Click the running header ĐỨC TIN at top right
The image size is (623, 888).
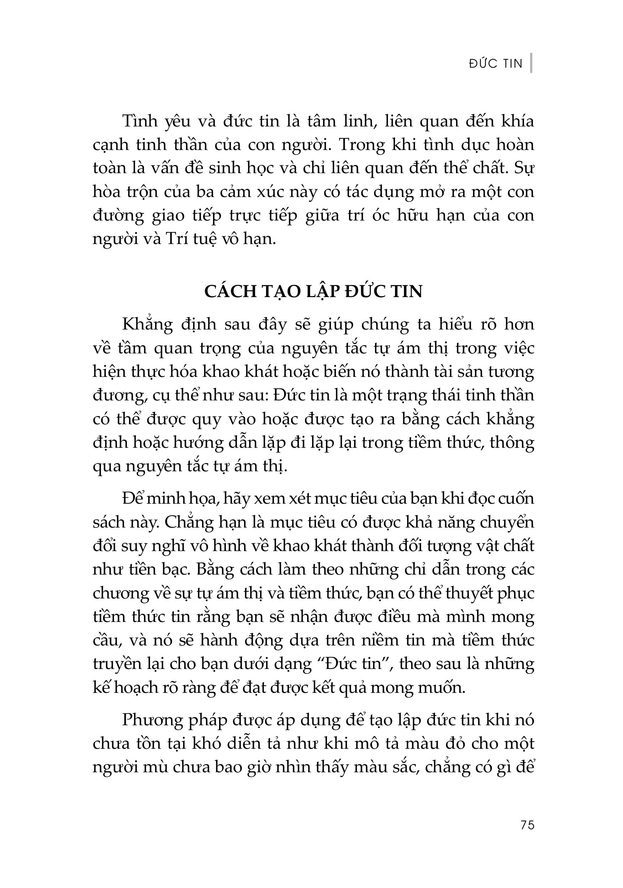click(x=495, y=63)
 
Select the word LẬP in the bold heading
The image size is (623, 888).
click(x=328, y=292)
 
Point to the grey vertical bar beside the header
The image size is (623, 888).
click(x=531, y=63)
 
